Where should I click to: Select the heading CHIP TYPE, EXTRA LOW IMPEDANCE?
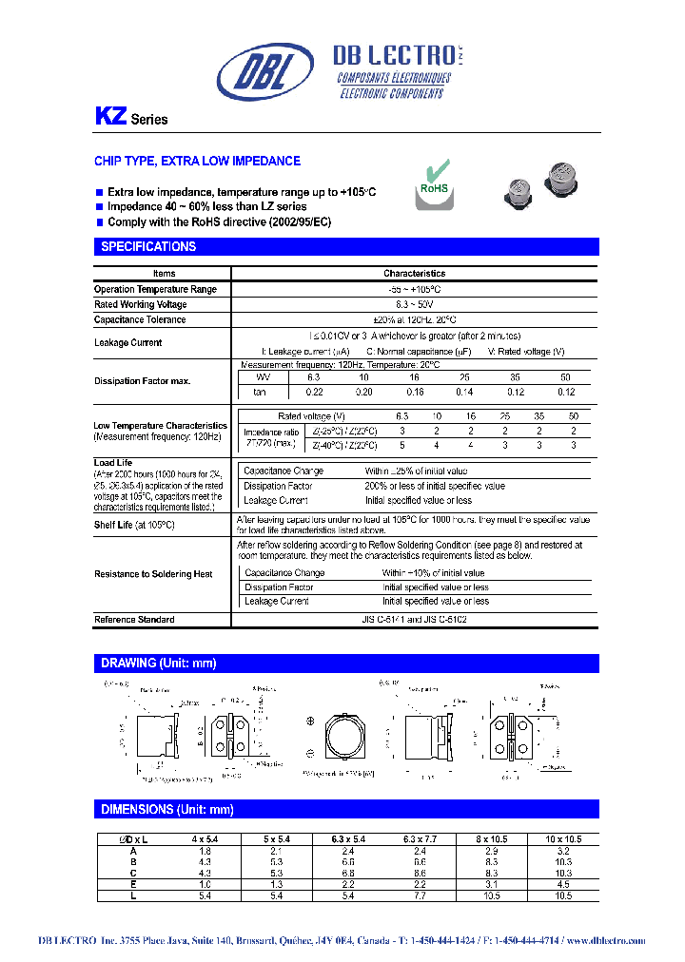(197, 162)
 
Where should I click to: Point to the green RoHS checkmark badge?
(434, 179)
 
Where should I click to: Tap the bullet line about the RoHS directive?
(219, 221)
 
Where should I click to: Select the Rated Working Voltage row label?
(140, 304)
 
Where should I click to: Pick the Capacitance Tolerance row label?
(139, 319)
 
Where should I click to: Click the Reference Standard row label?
(134, 620)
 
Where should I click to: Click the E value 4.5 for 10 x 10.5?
(563, 885)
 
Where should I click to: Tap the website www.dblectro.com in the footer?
(605, 941)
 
